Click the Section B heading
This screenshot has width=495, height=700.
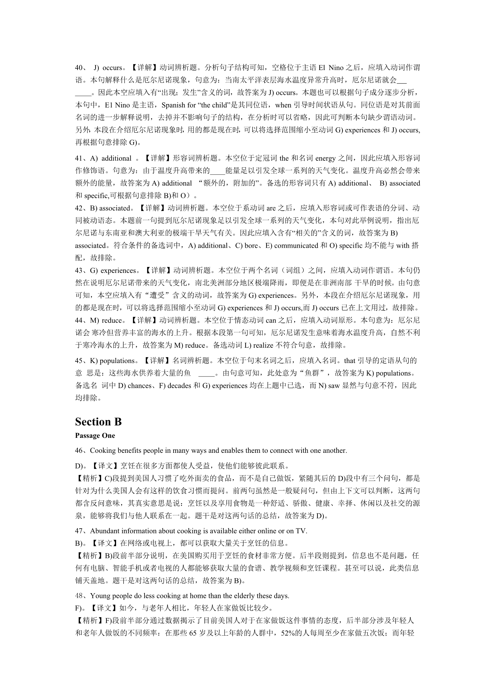[98, 422]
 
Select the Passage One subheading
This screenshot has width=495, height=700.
[95, 436]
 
